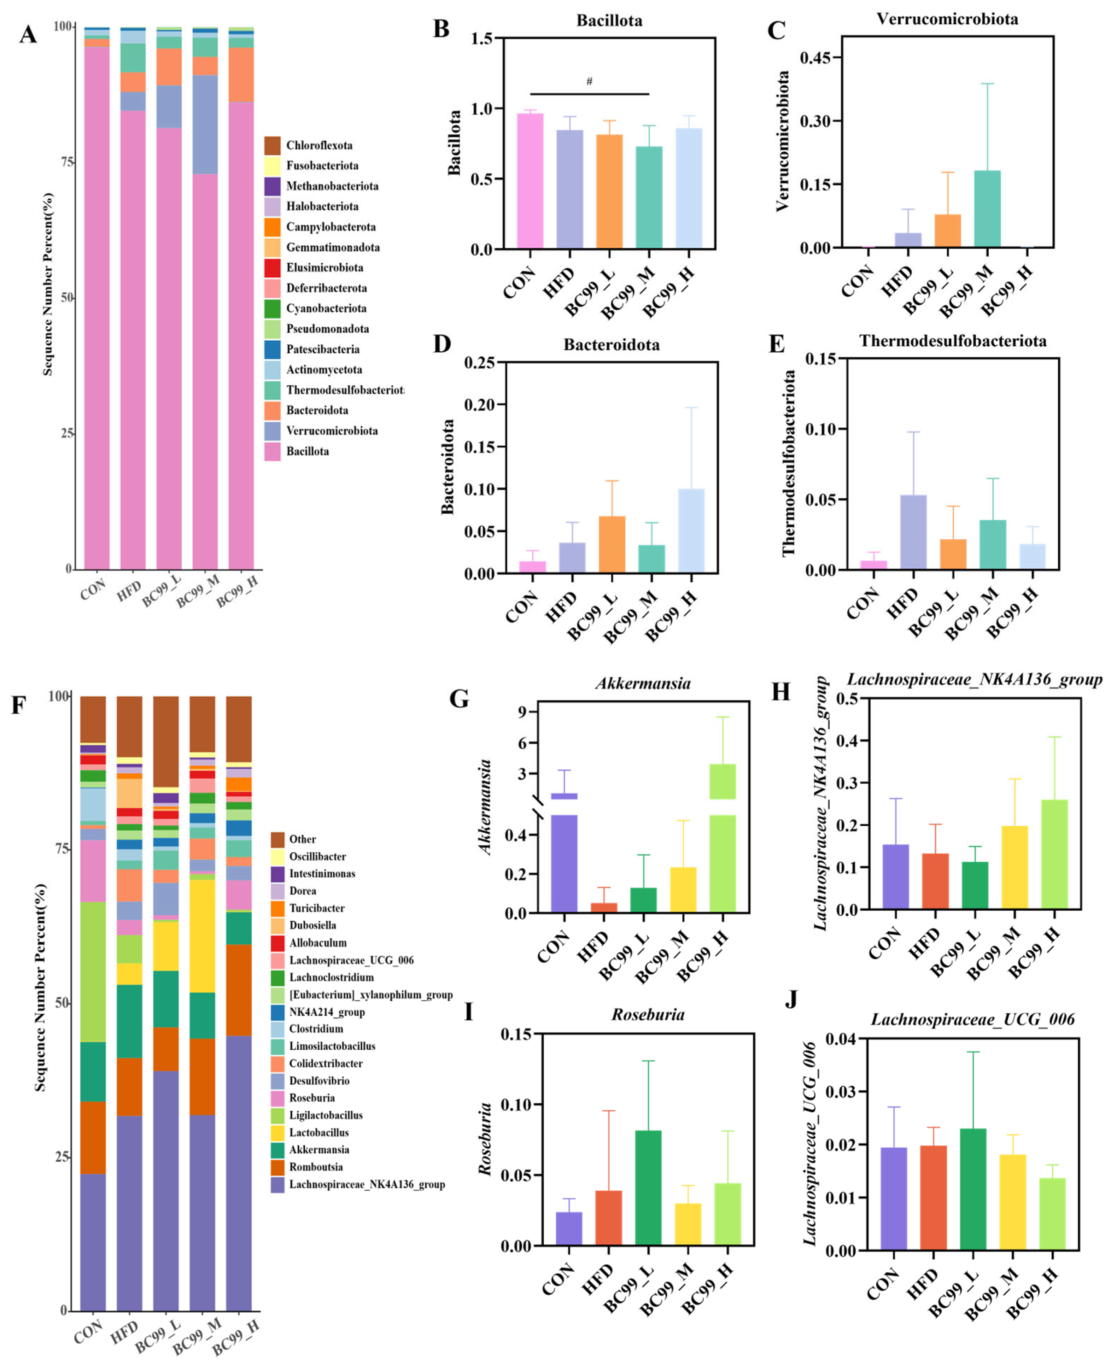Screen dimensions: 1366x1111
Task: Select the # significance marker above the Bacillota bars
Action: pos(589,81)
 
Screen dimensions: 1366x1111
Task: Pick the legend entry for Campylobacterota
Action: pos(330,227)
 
